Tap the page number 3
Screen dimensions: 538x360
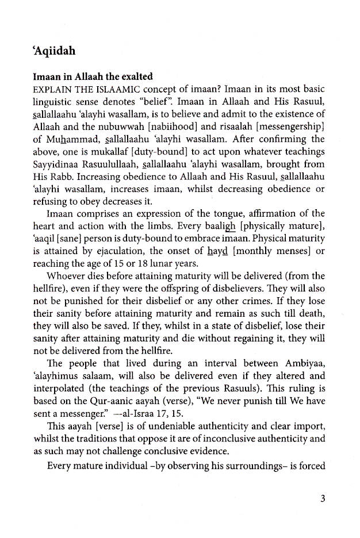click(x=323, y=498)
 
